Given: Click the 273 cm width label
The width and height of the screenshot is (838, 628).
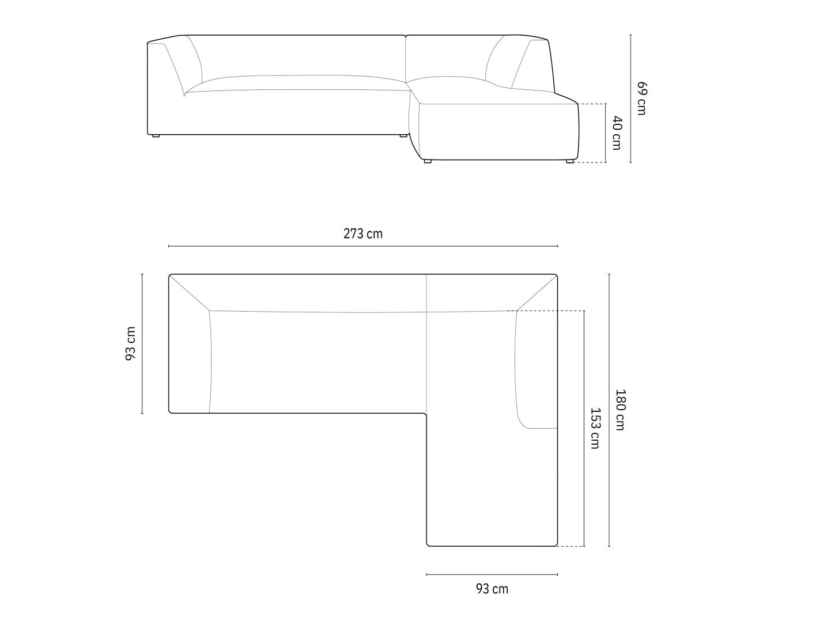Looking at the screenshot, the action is (x=363, y=233).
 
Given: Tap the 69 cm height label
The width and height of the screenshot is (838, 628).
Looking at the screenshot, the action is (x=642, y=98).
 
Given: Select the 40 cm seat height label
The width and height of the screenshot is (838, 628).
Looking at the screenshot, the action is (x=617, y=133).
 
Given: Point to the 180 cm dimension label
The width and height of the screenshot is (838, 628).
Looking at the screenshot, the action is (x=620, y=410).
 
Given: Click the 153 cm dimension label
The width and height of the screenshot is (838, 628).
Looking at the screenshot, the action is (x=595, y=428).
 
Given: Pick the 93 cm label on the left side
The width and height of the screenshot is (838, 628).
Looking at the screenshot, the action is (x=131, y=343).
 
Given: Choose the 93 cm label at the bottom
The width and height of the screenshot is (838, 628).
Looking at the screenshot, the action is (x=492, y=589).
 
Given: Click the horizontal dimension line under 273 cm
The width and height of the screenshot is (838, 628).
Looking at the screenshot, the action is (x=363, y=246).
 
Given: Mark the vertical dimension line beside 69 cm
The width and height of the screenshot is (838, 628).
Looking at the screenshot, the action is (x=631, y=99).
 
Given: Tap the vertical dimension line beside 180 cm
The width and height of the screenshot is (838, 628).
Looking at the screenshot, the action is (x=609, y=410).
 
